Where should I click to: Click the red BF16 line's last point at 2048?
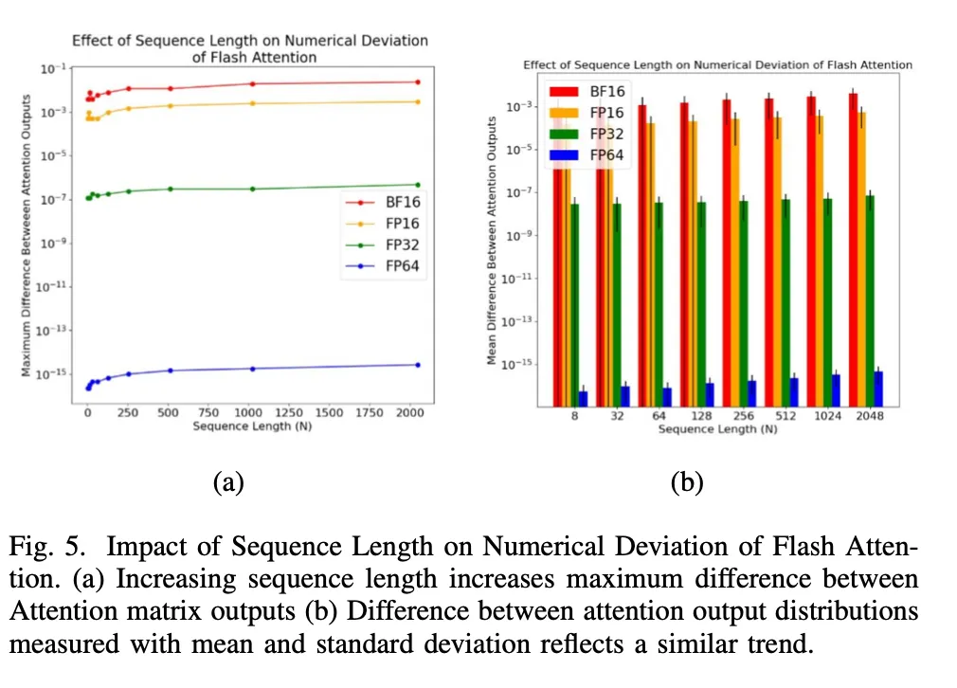click(x=417, y=81)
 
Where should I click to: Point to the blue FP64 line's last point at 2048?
click(x=417, y=365)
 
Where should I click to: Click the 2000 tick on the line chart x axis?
click(x=409, y=413)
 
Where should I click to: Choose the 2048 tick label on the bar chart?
click(x=868, y=416)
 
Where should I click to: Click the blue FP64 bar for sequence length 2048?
click(x=878, y=389)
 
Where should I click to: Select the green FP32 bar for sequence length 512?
click(x=785, y=303)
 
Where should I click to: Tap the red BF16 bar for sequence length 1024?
click(x=811, y=251)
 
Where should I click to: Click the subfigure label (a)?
click(x=228, y=482)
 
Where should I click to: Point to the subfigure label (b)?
click(x=687, y=482)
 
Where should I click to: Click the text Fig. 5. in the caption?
click(x=49, y=547)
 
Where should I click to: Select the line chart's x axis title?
click(x=252, y=426)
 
